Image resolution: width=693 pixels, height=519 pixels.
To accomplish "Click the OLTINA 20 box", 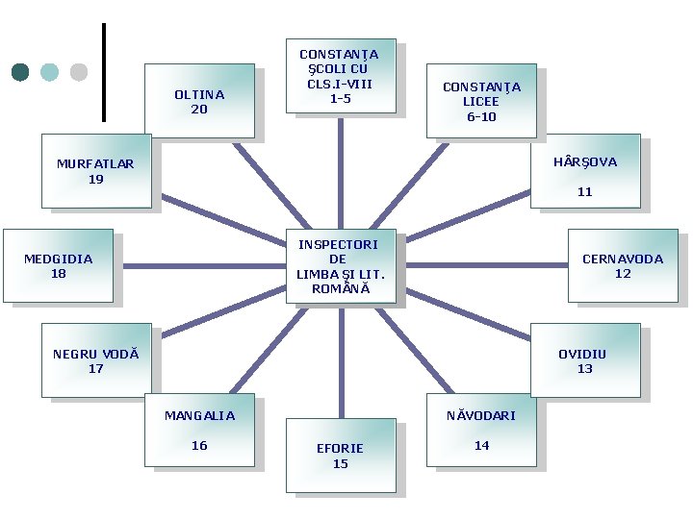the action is [x=199, y=101].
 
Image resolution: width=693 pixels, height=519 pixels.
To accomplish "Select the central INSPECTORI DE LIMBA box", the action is [x=338, y=266].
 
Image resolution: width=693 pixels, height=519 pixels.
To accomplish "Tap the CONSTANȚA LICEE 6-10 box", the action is [x=481, y=101].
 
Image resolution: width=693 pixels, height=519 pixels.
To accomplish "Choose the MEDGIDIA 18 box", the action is [x=59, y=265].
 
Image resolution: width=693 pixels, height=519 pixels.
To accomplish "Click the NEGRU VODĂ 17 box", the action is [x=96, y=360].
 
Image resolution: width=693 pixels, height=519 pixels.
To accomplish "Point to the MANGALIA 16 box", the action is [x=199, y=430].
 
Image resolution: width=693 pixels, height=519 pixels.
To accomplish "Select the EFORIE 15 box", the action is [x=341, y=456].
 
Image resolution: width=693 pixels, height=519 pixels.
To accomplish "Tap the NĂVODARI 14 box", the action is [x=481, y=430].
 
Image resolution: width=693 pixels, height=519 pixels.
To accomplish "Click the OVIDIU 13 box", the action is [x=585, y=360].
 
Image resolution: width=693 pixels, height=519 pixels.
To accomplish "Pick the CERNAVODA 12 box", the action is [x=623, y=265].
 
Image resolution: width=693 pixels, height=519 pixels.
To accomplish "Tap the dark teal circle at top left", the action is [x=20, y=72].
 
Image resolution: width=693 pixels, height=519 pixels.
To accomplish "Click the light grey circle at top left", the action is [x=79, y=72].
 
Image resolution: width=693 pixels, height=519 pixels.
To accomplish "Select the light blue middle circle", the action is [x=50, y=72].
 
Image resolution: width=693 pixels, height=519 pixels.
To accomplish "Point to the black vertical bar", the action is [x=103, y=72].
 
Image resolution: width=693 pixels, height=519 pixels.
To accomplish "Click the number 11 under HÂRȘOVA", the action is [x=585, y=192].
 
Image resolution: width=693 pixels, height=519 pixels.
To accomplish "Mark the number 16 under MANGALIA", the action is [x=199, y=445].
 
